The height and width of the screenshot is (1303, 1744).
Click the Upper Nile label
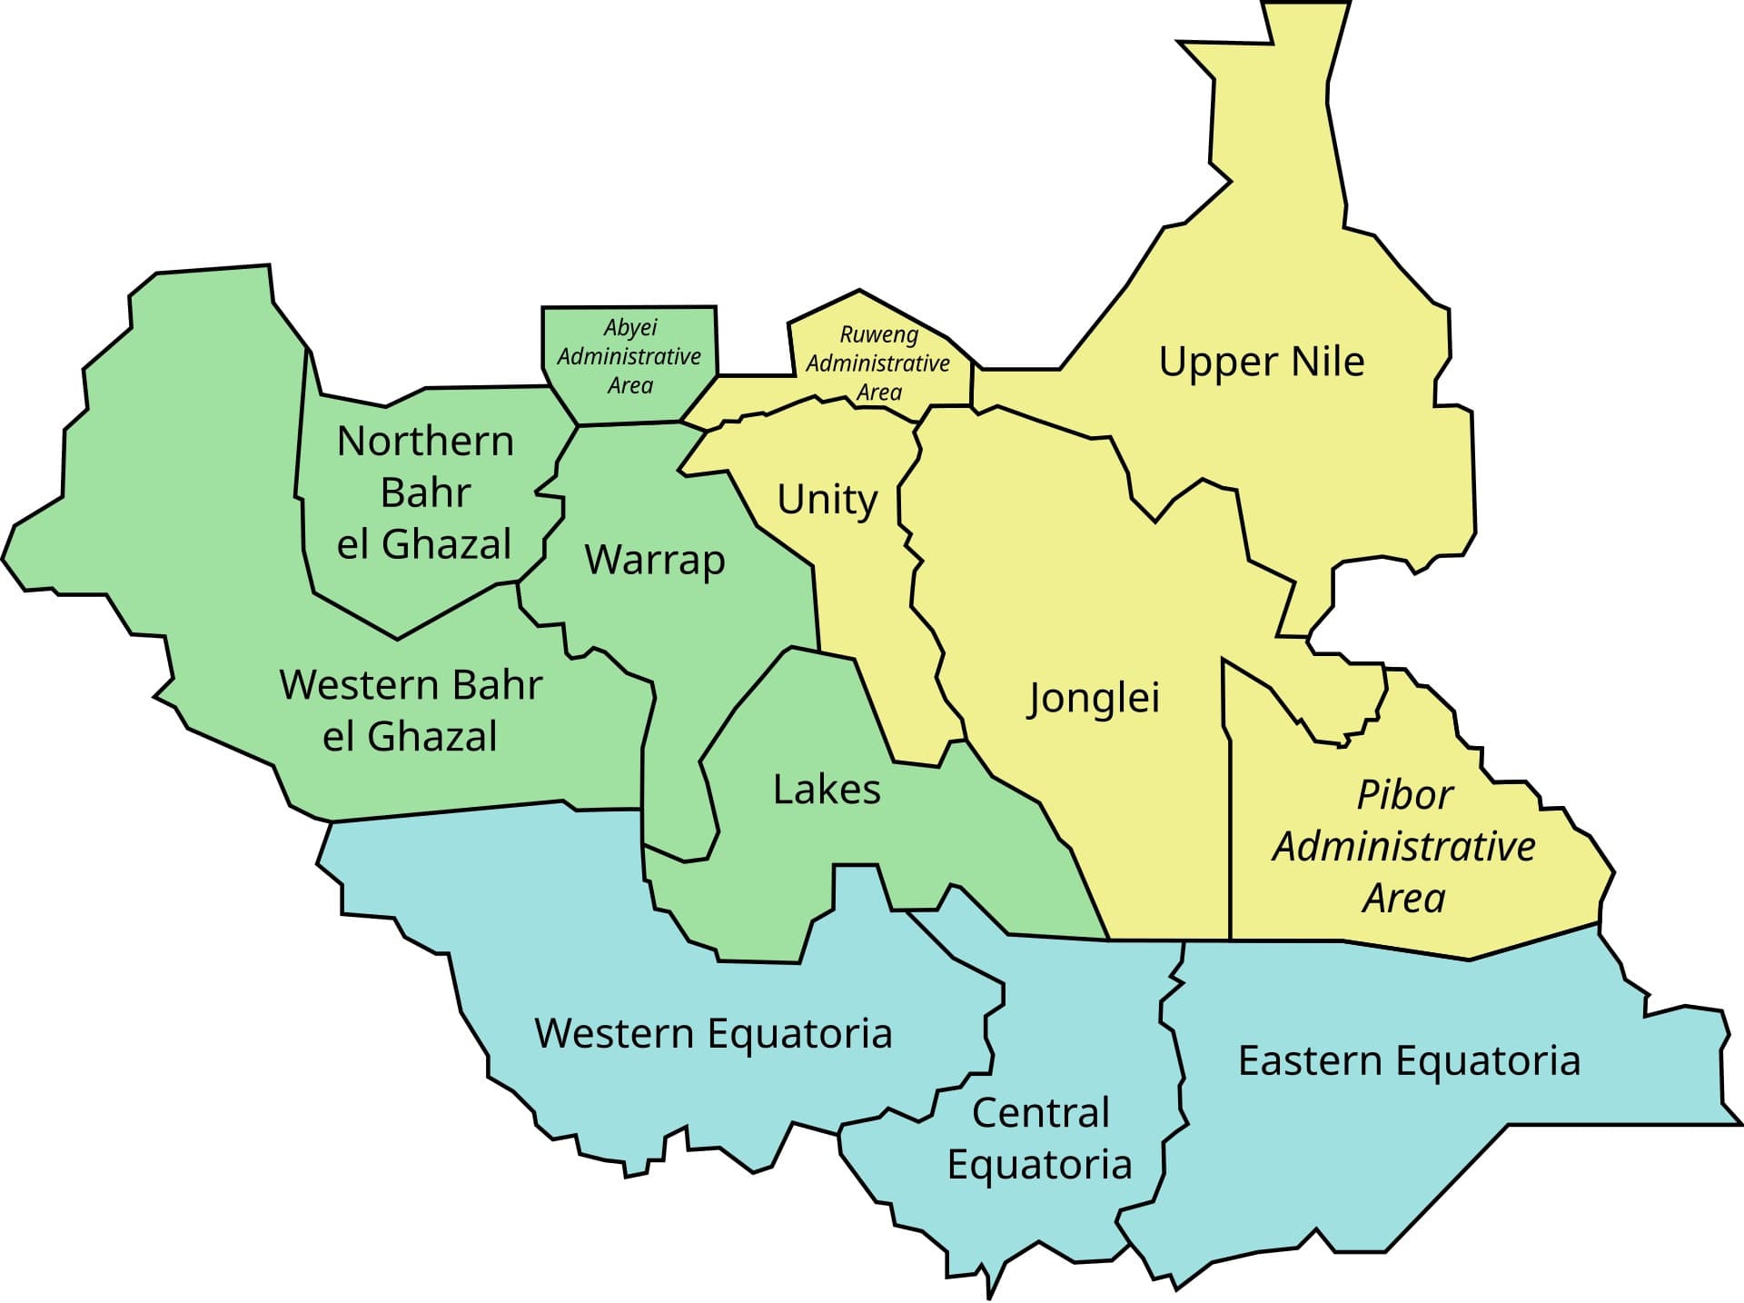coord(1261,362)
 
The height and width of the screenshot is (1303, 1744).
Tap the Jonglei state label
coord(1094,699)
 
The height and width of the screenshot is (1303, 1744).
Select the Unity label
coord(827,499)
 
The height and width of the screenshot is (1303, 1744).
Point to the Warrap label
coord(655,560)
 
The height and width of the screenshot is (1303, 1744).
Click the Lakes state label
coord(827,790)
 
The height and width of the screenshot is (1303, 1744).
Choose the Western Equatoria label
coord(713,1034)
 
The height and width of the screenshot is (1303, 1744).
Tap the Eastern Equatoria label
coord(1409,1061)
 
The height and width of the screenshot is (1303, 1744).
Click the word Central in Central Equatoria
coord(1041,1113)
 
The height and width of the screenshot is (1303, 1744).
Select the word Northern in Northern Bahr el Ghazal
coord(425,442)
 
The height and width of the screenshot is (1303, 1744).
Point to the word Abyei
coord(629,327)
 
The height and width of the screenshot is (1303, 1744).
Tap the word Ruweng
coord(878,334)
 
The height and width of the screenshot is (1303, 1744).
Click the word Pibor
coord(1404,796)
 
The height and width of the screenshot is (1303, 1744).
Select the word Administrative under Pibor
coord(1403,847)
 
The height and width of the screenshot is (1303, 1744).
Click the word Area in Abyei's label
coord(629,386)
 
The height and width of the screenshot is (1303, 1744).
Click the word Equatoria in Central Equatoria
coord(1039,1165)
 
